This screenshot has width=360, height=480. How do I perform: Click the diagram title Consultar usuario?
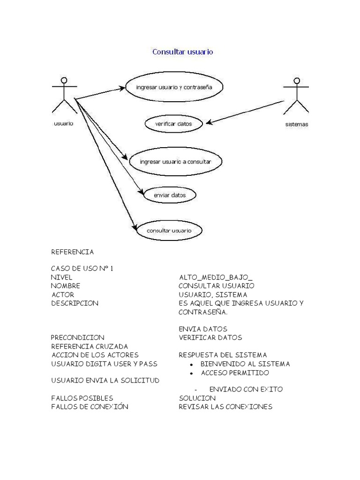point(183,52)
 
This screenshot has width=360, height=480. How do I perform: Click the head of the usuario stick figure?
point(64,80)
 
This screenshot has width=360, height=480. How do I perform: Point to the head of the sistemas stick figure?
point(296,81)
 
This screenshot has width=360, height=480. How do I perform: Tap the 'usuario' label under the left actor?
point(64,123)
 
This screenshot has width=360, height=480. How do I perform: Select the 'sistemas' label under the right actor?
point(297,124)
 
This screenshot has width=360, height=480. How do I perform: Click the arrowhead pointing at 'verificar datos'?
point(209,122)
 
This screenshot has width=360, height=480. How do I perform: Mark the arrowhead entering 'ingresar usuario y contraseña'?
point(122,88)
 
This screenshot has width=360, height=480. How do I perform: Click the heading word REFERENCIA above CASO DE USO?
point(73,252)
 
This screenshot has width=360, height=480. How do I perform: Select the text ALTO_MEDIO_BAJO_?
point(216,277)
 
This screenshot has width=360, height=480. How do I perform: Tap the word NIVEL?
point(61,277)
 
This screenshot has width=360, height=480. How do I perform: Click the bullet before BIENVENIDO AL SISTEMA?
point(191,364)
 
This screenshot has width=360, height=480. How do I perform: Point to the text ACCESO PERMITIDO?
point(235,373)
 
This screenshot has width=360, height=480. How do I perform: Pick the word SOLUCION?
point(197,398)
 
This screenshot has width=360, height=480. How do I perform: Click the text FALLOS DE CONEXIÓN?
point(90,406)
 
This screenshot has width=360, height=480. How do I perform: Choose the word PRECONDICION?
point(77,337)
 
